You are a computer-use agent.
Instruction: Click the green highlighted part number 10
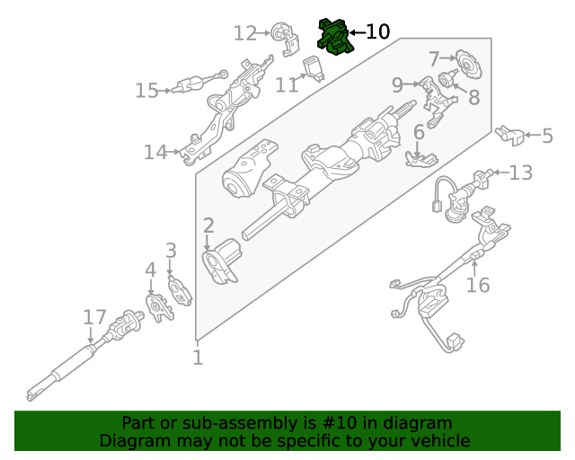pyautogui.click(x=333, y=36)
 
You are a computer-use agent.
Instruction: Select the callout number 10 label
pyautogui.click(x=377, y=32)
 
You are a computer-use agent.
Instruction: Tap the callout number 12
pyautogui.click(x=244, y=33)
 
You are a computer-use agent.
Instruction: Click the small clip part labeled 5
pyautogui.click(x=509, y=136)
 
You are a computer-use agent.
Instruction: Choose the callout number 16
pyautogui.click(x=478, y=285)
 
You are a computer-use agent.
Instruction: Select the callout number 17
pyautogui.click(x=94, y=317)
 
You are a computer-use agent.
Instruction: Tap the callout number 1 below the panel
pyautogui.click(x=198, y=358)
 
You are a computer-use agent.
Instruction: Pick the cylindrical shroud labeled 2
pyautogui.click(x=222, y=261)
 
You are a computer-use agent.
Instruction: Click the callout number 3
pyautogui.click(x=170, y=251)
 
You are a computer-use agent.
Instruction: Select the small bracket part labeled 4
pyautogui.click(x=158, y=305)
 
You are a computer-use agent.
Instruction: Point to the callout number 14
pyautogui.click(x=155, y=153)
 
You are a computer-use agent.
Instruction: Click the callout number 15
pyautogui.click(x=146, y=90)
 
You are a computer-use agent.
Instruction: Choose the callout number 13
pyautogui.click(x=520, y=172)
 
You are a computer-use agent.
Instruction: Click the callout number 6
pyautogui.click(x=419, y=133)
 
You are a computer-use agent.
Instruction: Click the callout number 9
pyautogui.click(x=397, y=85)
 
